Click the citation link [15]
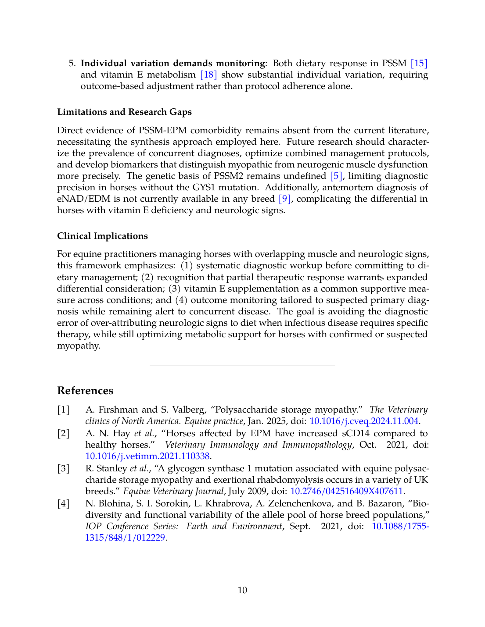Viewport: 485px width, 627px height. click(419, 63)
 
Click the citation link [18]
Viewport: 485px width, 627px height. click(208, 75)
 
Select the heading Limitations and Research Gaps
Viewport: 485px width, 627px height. click(124, 112)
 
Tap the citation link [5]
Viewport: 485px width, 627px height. click(336, 176)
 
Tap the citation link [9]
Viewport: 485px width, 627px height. click(285, 199)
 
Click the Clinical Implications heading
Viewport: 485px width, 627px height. click(102, 236)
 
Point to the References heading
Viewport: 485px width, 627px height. click(85, 391)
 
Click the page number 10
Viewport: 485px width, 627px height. click(242, 590)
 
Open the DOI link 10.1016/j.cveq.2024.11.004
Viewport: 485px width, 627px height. click(364, 421)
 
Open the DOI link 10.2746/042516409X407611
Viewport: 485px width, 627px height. click(346, 491)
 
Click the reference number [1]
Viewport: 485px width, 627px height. click(64, 410)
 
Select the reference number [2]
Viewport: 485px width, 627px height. click(64, 433)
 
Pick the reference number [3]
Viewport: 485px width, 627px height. click(64, 468)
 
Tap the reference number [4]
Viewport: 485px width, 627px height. click(64, 503)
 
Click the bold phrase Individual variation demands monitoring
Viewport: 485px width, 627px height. click(172, 63)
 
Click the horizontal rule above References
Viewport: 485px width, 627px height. click(242, 365)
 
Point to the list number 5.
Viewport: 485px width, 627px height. click(72, 63)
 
